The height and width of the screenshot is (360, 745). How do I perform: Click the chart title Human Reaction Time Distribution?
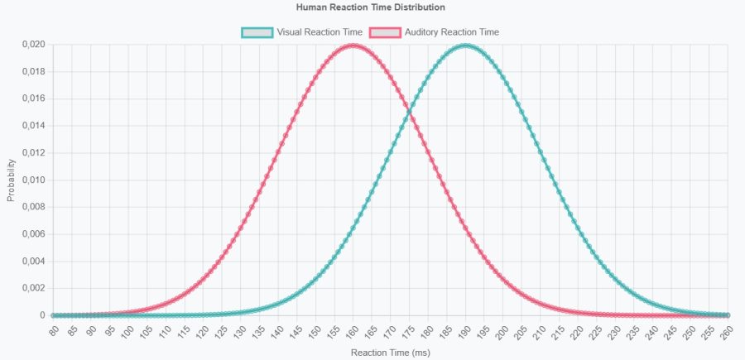pos(371,7)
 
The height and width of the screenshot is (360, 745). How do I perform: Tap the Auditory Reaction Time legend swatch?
pos(384,32)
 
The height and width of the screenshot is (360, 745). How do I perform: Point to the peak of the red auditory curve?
pos(353,45)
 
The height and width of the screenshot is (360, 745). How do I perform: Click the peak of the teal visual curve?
pos(466,45)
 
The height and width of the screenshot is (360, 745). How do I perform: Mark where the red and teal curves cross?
pos(410,113)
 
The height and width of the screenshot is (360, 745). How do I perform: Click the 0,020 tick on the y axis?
pos(33,45)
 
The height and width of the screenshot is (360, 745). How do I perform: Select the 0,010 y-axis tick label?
pos(33,180)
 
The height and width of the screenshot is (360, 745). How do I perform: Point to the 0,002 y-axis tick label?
pos(33,288)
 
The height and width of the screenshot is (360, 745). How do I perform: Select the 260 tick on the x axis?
pos(727,330)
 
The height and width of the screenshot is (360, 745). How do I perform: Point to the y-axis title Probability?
pos(11,180)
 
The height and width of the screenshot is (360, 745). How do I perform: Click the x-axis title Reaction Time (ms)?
pos(390,353)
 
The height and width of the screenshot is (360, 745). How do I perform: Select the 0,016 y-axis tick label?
pos(33,98)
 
